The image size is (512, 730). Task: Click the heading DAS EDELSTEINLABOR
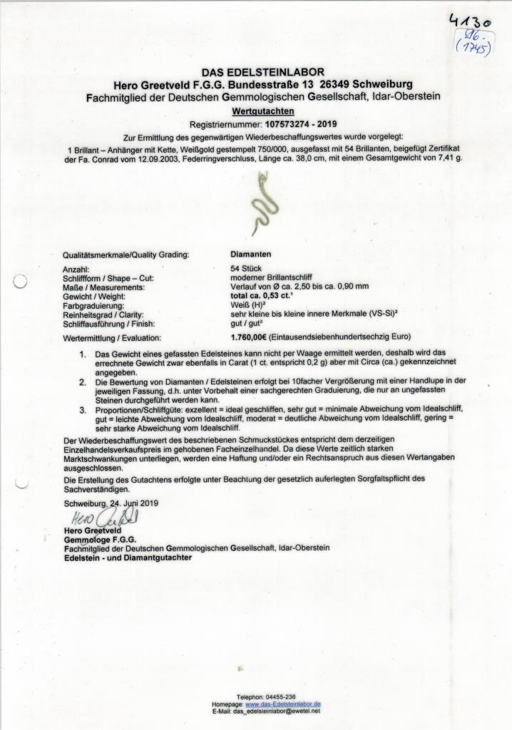(262, 72)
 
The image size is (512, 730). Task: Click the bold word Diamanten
(251, 253)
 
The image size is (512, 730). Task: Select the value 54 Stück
(247, 269)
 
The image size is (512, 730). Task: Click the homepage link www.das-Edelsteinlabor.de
(283, 704)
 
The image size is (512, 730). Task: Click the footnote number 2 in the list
(83, 381)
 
